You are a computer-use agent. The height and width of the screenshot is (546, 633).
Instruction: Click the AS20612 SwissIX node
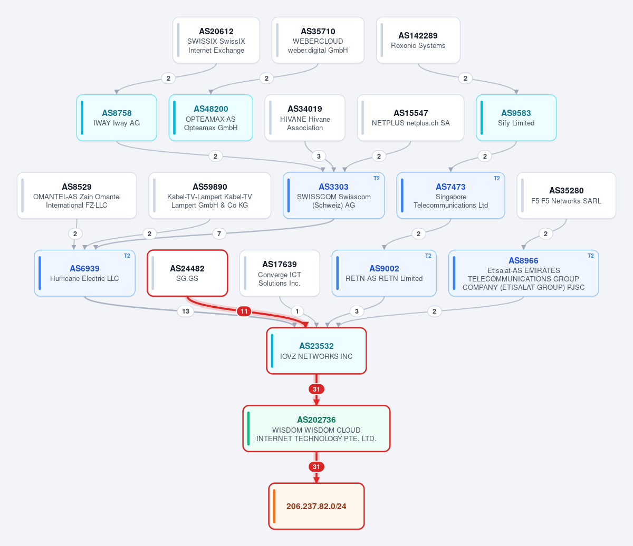(216, 40)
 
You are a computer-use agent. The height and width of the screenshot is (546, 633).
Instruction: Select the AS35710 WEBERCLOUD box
(318, 40)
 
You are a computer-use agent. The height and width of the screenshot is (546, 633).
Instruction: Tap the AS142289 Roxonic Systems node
(418, 40)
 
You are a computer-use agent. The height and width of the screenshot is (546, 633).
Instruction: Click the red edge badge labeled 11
(244, 311)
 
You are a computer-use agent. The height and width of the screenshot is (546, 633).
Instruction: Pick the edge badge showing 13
(186, 311)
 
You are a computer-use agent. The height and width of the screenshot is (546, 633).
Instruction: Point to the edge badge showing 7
(219, 234)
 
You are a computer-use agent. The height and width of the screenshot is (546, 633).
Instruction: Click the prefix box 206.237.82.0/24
(316, 506)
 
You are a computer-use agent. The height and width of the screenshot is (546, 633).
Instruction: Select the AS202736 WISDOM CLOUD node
(316, 428)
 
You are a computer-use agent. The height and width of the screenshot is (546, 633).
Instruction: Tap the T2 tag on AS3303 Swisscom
(376, 179)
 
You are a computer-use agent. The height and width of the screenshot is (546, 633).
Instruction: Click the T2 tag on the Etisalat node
(590, 256)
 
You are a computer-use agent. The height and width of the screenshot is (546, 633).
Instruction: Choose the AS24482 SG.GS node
(187, 274)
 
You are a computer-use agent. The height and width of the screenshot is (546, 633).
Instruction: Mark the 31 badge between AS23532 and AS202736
(316, 389)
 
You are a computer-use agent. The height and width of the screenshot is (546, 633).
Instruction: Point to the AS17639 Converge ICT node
(280, 274)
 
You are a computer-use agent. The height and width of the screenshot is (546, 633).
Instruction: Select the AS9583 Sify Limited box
(516, 118)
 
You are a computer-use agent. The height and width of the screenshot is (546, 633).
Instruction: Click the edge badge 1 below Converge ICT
(297, 311)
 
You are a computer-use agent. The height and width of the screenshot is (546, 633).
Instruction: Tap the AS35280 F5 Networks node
(566, 196)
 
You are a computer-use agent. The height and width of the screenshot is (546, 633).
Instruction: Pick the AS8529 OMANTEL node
(77, 196)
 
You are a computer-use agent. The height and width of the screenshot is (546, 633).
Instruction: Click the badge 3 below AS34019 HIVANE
(319, 157)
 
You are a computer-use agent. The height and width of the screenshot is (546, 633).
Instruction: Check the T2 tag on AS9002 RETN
(428, 256)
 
